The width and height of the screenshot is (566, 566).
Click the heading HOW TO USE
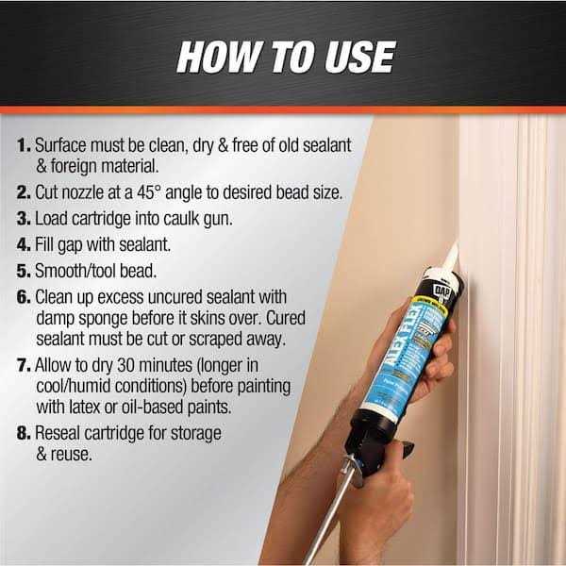[284, 56]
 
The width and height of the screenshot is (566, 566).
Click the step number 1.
[22, 147]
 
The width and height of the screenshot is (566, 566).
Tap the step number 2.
[23, 194]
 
